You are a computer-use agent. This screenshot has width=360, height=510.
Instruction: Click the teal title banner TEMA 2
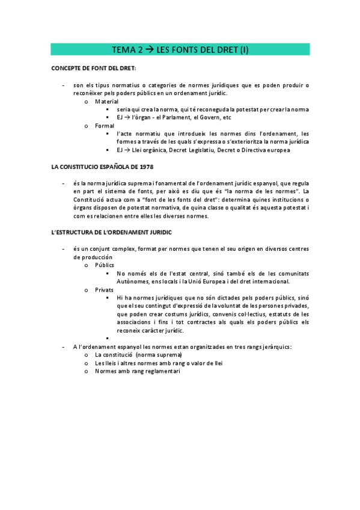pyautogui.click(x=180, y=50)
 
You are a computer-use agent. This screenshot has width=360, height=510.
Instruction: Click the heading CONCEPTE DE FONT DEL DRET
pyautogui.click(x=94, y=69)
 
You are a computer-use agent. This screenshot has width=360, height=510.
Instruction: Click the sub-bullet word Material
pyautogui.click(x=107, y=102)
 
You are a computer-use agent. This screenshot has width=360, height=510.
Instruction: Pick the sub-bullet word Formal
pyautogui.click(x=105, y=125)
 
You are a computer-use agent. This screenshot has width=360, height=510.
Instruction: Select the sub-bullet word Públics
pyautogui.click(x=105, y=265)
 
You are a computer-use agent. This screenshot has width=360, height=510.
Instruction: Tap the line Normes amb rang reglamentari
pyautogui.click(x=137, y=371)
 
